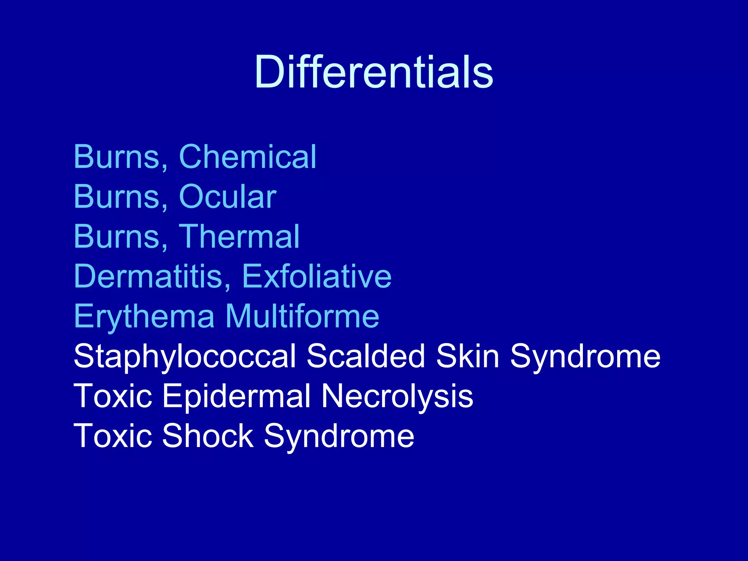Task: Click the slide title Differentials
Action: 374,72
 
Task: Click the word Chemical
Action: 248,157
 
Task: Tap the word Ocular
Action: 228,197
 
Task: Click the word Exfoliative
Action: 317,276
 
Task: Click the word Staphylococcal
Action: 185,356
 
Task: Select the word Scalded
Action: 366,356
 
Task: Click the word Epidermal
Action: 236,396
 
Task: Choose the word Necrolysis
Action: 397,396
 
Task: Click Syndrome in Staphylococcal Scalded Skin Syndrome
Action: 585,356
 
